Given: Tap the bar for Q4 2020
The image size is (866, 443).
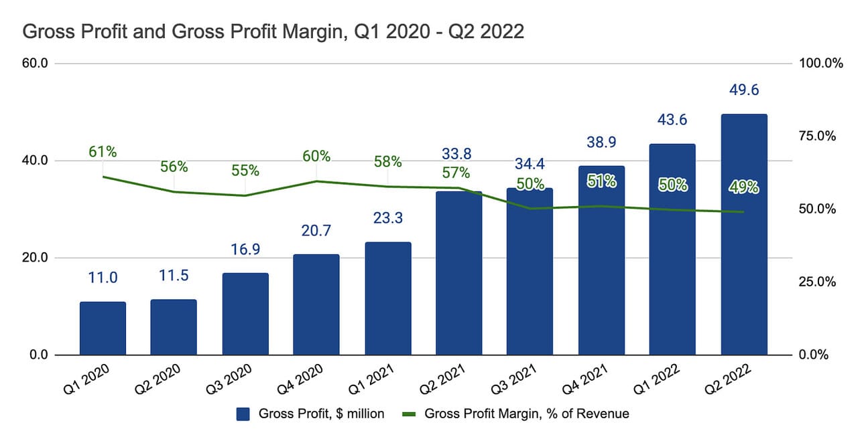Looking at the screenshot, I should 316,304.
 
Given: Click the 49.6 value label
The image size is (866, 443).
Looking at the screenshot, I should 743,90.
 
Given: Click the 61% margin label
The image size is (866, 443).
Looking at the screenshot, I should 103,152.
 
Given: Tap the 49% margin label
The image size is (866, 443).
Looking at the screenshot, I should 743,188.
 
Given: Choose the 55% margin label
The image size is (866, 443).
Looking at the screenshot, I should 245,171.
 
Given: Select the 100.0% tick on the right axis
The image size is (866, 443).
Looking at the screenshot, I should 820,64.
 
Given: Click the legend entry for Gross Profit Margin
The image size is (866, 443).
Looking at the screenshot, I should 526,414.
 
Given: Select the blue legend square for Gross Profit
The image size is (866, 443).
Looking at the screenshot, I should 243,414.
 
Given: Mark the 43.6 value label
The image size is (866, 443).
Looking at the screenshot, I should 672,120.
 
